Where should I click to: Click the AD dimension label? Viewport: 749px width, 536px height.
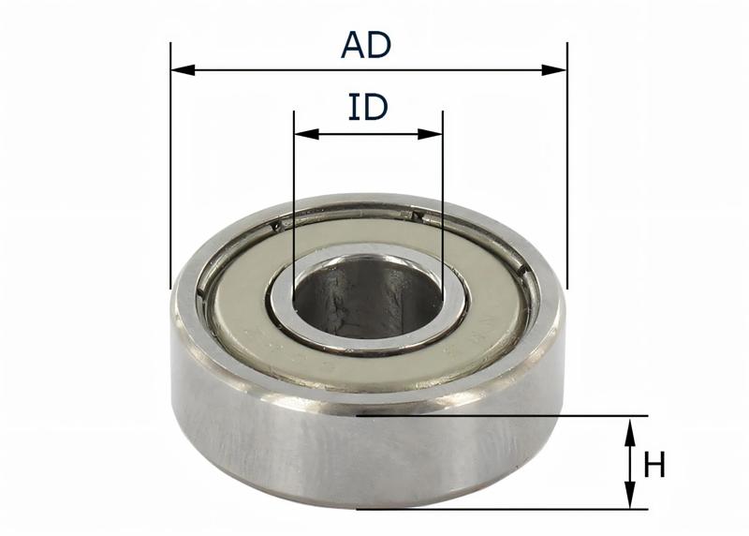(366, 45)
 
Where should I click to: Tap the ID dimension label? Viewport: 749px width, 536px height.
(368, 108)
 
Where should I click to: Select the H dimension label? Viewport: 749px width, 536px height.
(654, 464)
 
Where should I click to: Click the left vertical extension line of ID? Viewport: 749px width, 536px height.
(294, 206)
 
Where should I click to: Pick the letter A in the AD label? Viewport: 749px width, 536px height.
(353, 45)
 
